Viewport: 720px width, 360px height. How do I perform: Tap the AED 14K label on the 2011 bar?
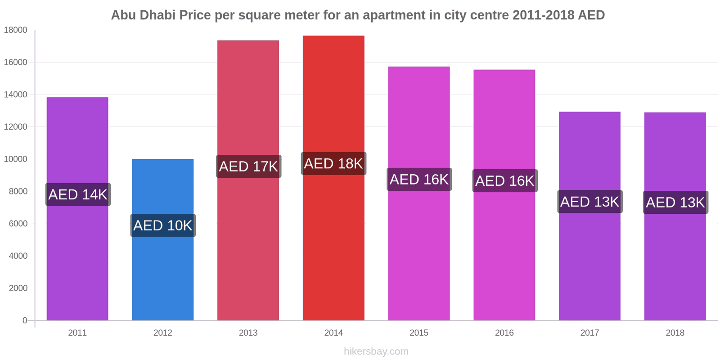click(78, 194)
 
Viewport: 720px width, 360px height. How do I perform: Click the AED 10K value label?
click(163, 225)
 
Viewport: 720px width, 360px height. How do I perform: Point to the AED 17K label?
click(248, 166)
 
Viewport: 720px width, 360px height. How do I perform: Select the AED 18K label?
click(333, 163)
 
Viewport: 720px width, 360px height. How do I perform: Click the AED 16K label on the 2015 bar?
click(419, 179)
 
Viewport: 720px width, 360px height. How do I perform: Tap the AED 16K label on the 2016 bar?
click(504, 180)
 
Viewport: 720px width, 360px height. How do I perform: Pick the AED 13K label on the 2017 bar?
click(589, 202)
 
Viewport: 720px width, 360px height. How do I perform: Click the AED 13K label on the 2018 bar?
click(675, 202)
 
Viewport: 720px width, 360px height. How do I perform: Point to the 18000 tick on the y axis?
click(16, 30)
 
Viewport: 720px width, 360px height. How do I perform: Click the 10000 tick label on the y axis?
click(16, 159)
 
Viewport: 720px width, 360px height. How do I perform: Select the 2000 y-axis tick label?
click(18, 288)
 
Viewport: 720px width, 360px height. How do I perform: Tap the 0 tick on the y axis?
click(25, 320)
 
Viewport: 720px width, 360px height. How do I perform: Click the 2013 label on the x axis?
click(248, 333)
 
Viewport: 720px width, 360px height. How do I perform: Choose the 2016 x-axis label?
click(504, 333)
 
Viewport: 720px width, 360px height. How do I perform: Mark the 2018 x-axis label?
click(675, 333)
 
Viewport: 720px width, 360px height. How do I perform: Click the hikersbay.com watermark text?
click(376, 351)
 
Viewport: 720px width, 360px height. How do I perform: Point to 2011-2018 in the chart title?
click(543, 15)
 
